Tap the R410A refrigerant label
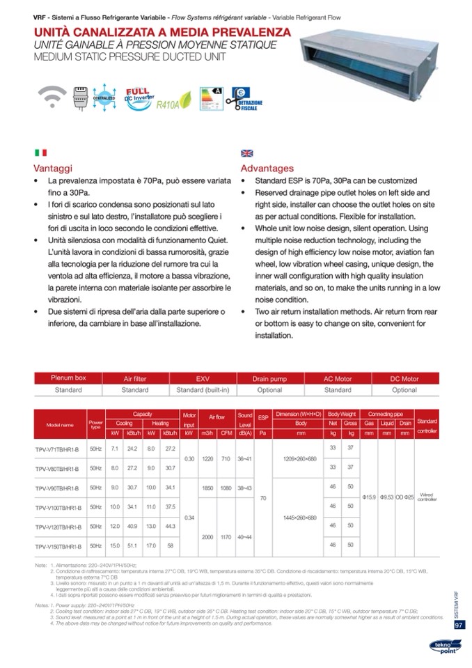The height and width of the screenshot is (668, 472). click(169, 107)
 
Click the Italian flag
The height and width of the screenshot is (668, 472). click(40, 153)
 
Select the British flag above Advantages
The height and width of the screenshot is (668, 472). click(246, 153)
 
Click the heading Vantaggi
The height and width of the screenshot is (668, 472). click(53, 168)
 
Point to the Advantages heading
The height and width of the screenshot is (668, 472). click(267, 168)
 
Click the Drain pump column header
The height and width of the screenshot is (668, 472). click(269, 379)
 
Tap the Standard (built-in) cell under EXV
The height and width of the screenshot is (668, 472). click(203, 390)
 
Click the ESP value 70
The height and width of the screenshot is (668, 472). click(263, 498)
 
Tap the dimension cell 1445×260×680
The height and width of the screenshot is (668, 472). click(301, 518)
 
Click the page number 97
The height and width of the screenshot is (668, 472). click(459, 625)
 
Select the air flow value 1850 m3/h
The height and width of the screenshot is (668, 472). click(207, 488)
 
